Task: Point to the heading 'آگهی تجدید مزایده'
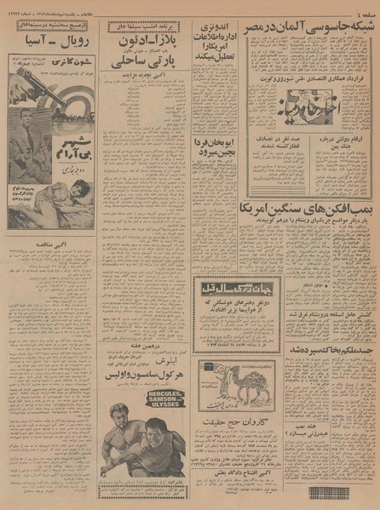[147, 99]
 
